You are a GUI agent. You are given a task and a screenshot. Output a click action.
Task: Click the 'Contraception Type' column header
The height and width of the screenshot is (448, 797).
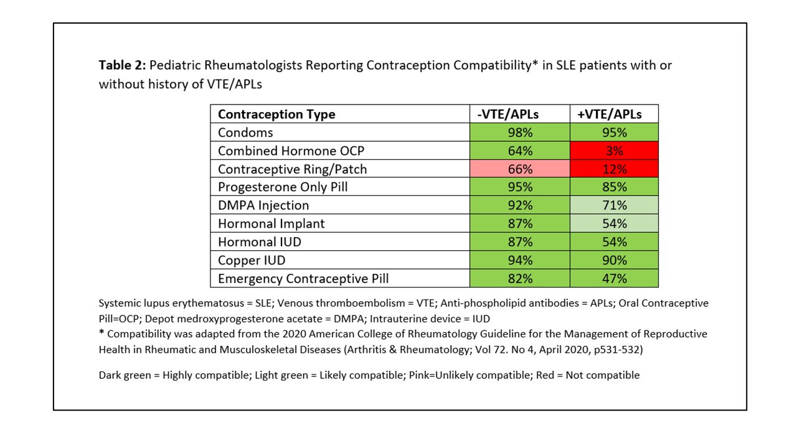(276, 114)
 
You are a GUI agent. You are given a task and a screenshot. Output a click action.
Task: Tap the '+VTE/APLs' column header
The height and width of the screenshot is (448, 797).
(614, 114)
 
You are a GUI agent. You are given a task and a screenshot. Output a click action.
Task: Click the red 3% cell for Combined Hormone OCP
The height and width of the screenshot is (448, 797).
(614, 151)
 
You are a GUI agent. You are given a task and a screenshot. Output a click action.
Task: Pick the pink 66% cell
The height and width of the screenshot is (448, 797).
(519, 169)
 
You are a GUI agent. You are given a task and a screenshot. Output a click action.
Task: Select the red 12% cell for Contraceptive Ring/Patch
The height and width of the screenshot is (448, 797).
(614, 169)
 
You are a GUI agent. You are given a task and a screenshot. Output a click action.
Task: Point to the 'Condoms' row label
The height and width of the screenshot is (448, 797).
(245, 133)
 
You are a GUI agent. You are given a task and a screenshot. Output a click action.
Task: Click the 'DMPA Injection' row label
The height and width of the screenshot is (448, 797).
(263, 205)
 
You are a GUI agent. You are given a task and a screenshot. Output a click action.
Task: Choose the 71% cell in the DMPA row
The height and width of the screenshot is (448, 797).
(614, 205)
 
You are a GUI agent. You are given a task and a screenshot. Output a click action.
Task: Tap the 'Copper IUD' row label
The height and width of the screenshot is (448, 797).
(252, 260)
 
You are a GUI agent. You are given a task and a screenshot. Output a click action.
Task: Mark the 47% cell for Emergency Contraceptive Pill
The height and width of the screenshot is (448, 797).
(614, 279)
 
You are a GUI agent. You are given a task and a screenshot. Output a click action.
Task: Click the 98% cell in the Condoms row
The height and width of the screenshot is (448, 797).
(519, 133)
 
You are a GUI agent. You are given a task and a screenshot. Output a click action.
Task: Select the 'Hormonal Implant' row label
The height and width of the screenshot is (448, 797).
(271, 223)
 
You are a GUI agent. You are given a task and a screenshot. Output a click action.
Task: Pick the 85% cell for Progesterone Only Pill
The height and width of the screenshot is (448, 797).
(614, 187)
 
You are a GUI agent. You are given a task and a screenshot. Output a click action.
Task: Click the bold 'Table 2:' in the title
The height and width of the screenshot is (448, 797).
(122, 65)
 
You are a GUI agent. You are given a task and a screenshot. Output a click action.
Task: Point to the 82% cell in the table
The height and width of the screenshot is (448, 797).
(519, 279)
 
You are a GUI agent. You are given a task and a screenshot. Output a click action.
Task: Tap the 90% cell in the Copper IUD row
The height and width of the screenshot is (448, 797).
(614, 260)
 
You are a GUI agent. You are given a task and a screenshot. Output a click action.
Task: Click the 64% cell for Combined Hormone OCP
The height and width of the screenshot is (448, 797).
(519, 151)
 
